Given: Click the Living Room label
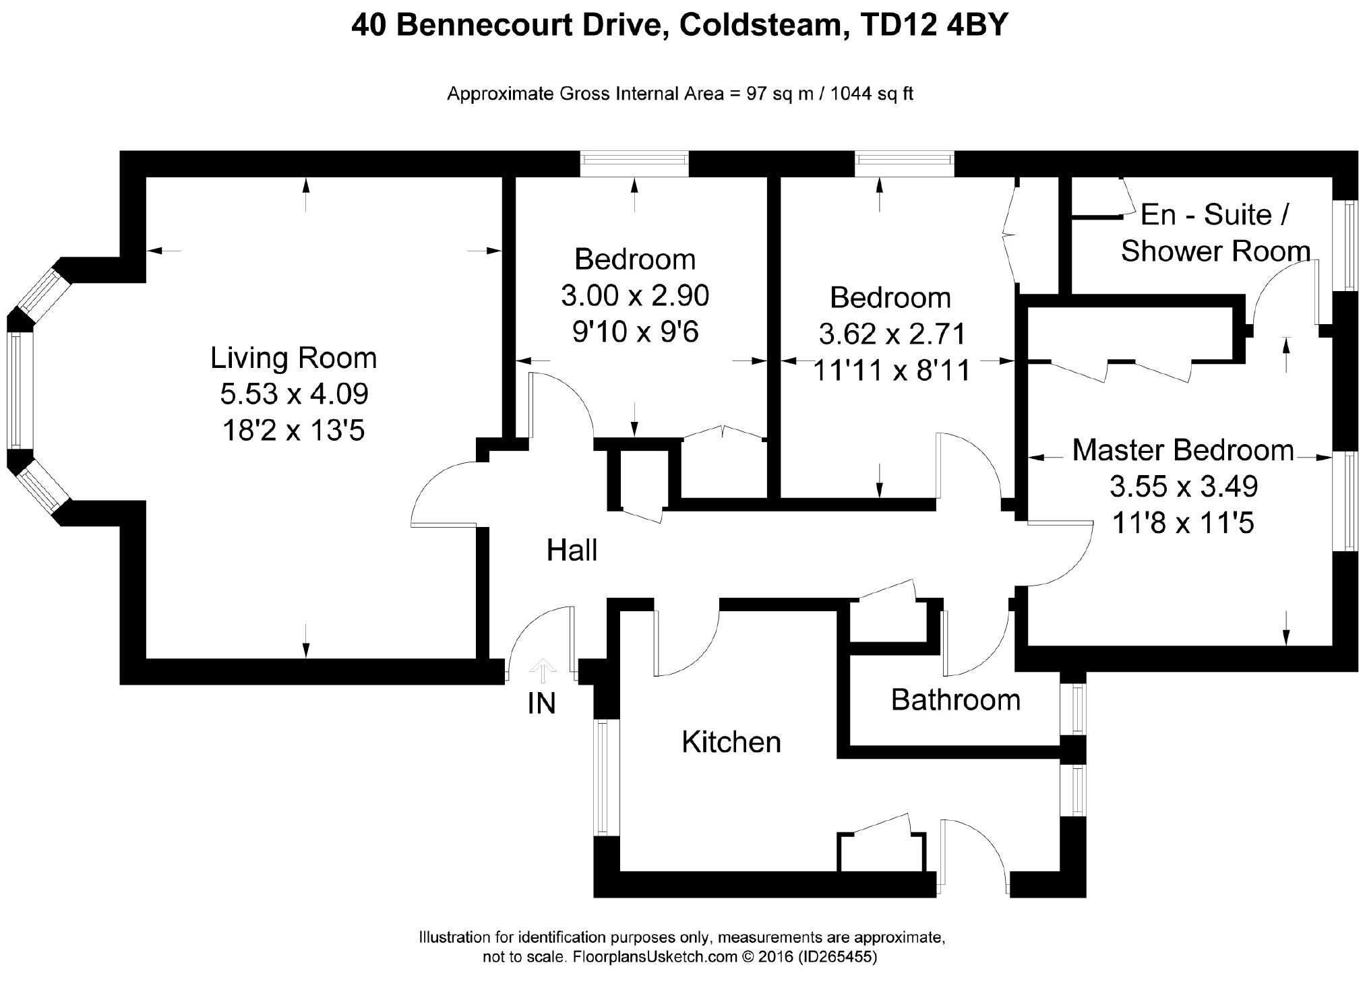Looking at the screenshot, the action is coord(293,358).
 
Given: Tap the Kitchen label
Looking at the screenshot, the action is coord(731,742).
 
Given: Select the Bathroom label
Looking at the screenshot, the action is coord(955,700).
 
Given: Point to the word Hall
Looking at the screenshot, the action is coord(572,551).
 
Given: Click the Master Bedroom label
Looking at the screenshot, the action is coord(1183,450).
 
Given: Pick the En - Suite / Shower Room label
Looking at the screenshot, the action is coord(1215,233).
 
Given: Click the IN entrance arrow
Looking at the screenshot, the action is coord(543,669).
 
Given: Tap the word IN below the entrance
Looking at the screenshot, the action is coord(541,704).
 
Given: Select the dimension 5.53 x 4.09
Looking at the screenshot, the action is coord(294,394).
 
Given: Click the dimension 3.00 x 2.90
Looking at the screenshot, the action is coord(635,295).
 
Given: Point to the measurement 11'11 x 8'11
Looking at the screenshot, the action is coord(891,370).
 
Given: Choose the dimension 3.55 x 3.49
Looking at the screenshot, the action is coord(1184,487).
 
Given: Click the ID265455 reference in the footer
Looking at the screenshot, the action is coord(837,957).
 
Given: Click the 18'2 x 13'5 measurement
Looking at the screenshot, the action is coord(293,431).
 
